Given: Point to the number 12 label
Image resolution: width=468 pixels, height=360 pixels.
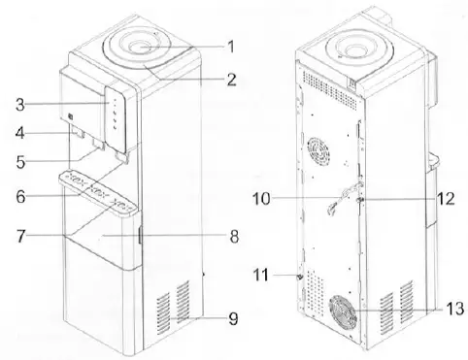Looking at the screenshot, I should pyautogui.click(x=446, y=201).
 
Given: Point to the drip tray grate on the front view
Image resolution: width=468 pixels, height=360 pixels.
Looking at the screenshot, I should pyautogui.click(x=98, y=180).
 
